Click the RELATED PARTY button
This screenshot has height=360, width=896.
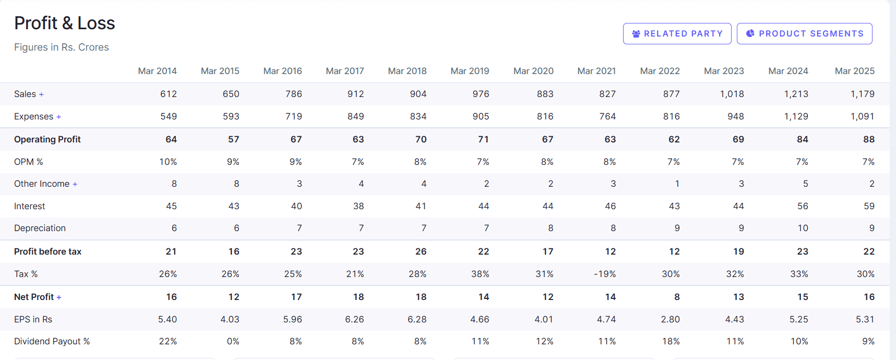677,34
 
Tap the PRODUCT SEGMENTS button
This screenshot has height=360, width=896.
804,34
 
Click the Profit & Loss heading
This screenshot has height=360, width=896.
65,23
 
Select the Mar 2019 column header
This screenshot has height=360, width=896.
470,71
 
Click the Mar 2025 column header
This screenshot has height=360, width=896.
854,71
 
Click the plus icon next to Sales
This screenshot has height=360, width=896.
41,94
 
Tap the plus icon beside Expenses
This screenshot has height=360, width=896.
58,117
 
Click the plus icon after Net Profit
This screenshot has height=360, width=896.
59,297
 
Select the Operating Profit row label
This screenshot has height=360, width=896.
47,139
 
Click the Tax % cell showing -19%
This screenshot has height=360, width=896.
605,274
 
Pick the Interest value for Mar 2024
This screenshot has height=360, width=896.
803,206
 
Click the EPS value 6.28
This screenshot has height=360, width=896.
417,319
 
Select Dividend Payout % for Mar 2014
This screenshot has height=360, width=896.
168,341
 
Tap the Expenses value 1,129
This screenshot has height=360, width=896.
796,116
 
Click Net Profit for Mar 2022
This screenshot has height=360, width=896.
676,297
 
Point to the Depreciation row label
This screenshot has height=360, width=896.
40,228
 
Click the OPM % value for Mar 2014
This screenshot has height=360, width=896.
168,162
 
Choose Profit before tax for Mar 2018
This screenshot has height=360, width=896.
421,251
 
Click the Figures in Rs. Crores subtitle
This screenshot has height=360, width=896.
62,47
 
